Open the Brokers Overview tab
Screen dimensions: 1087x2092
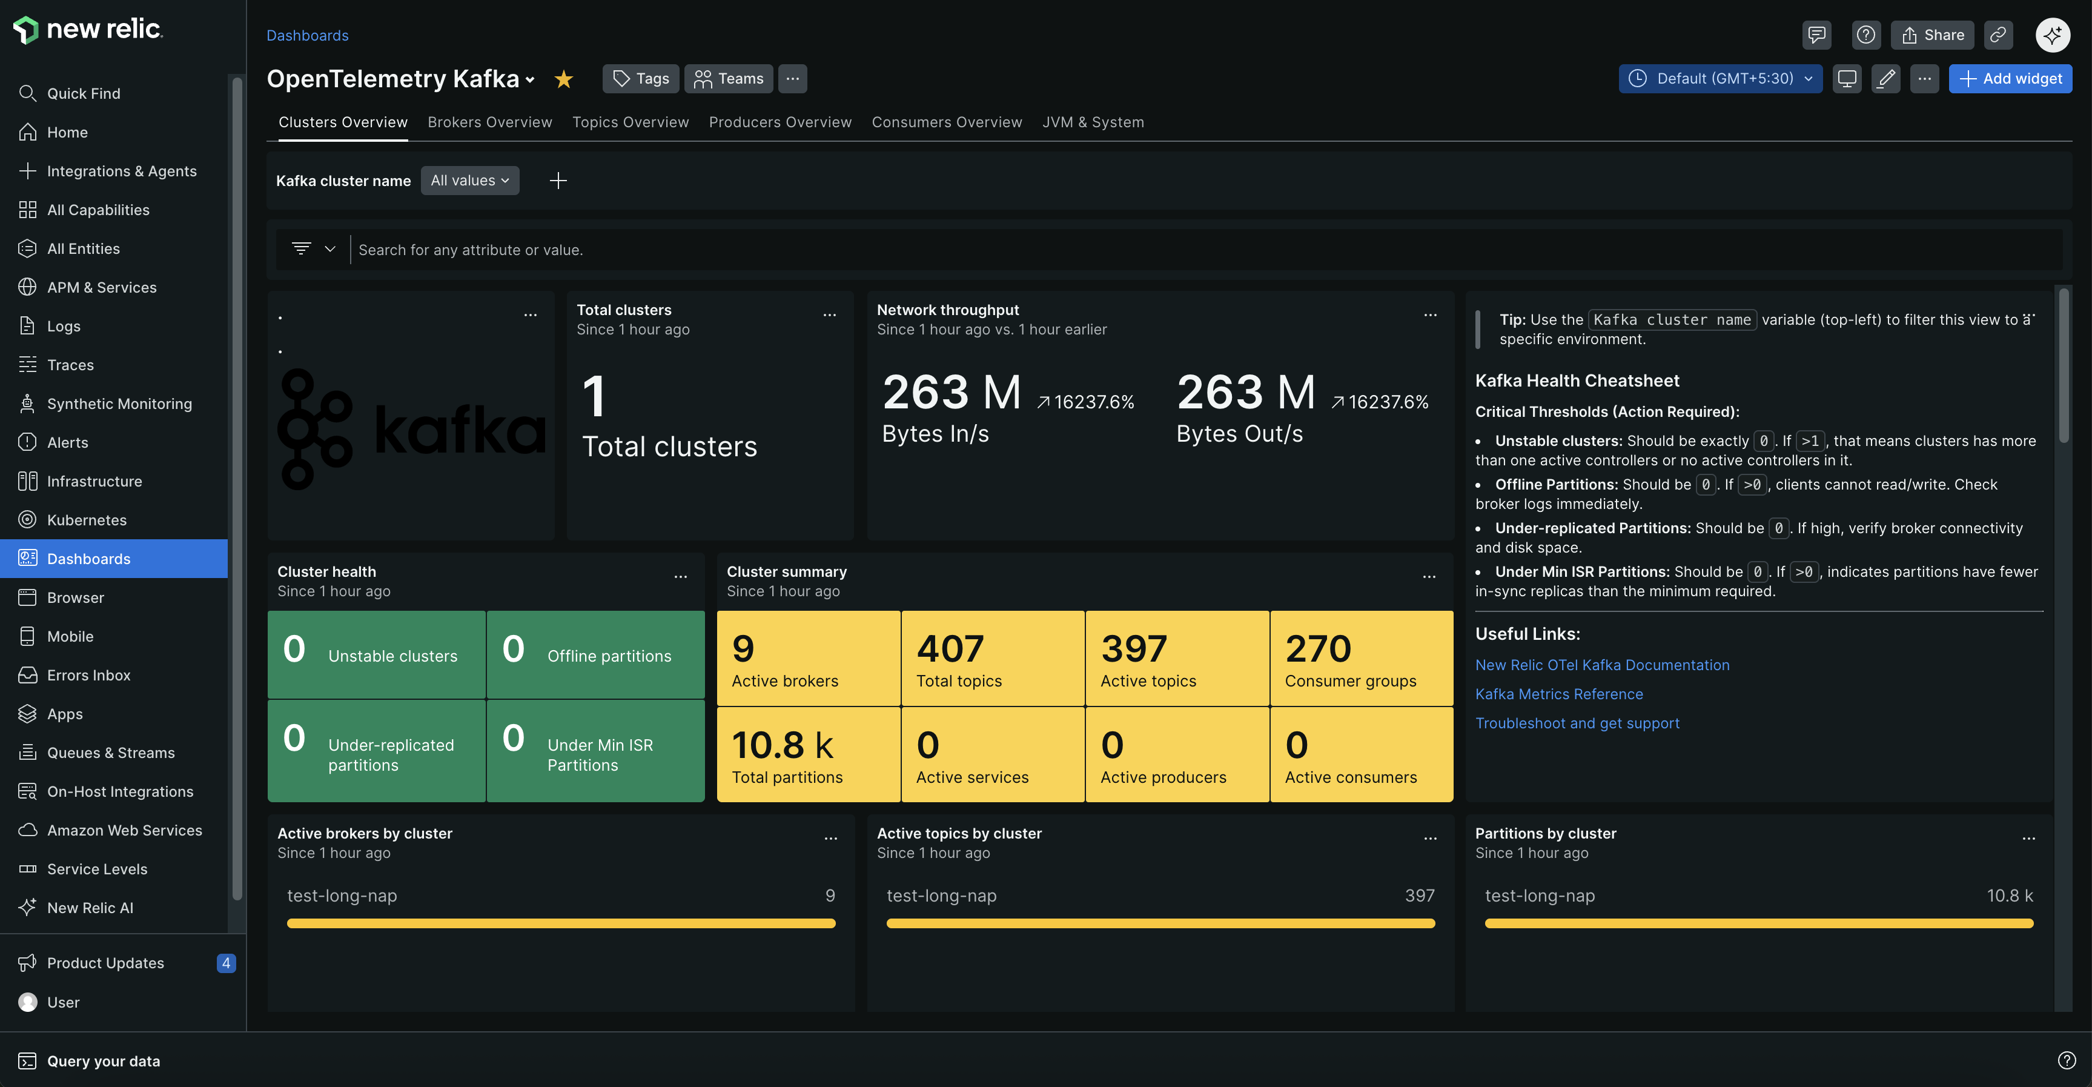click(490, 122)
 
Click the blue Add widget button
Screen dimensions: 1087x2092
click(2010, 79)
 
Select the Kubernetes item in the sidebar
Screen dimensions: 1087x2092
click(87, 520)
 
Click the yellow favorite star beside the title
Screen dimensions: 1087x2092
click(564, 79)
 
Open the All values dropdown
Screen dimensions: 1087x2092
click(469, 181)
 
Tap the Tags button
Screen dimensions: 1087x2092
click(641, 79)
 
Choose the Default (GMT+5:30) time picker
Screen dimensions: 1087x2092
click(1720, 79)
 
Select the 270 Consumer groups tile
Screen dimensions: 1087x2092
click(1360, 658)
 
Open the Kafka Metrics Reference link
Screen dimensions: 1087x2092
click(1558, 694)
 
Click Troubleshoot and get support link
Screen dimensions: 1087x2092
click(1577, 723)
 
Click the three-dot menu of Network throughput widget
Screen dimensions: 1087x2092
click(1430, 314)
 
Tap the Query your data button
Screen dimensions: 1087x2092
click(103, 1061)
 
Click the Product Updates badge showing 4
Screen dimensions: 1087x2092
click(226, 963)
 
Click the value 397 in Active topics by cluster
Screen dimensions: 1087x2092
click(1418, 896)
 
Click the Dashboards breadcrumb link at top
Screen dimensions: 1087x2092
click(307, 35)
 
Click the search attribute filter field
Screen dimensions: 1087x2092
click(1202, 250)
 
